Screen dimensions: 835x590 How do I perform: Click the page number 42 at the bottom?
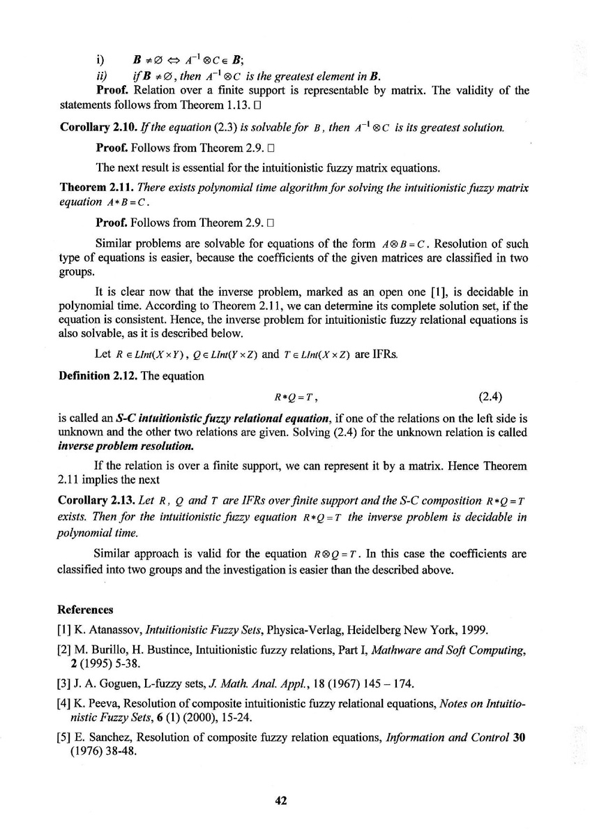pos(282,801)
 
